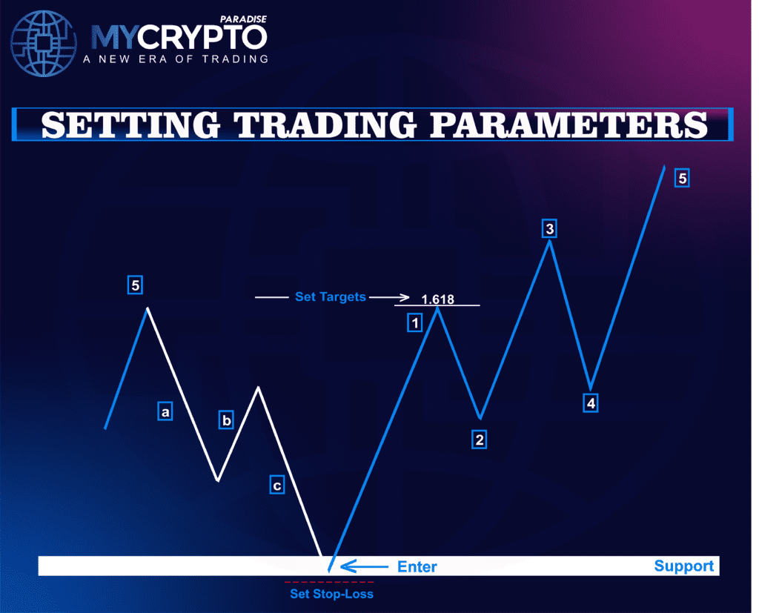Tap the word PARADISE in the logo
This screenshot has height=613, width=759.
click(245, 19)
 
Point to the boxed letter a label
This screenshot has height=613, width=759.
click(166, 411)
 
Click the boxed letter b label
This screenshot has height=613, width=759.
click(227, 421)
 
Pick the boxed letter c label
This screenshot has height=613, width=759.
click(276, 486)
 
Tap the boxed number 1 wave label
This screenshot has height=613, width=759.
click(414, 322)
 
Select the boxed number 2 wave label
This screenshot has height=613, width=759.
click(480, 440)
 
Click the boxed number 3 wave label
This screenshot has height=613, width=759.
click(548, 228)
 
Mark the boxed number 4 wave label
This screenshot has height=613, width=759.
click(590, 403)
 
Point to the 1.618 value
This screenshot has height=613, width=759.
click(437, 300)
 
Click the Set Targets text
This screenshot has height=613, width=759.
click(330, 296)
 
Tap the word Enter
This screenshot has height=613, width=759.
click(417, 567)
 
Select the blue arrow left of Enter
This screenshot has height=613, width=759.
click(363, 567)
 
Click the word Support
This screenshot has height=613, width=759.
click(683, 566)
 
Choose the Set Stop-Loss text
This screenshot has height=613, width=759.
click(331, 594)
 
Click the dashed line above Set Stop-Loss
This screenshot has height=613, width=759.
click(329, 582)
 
